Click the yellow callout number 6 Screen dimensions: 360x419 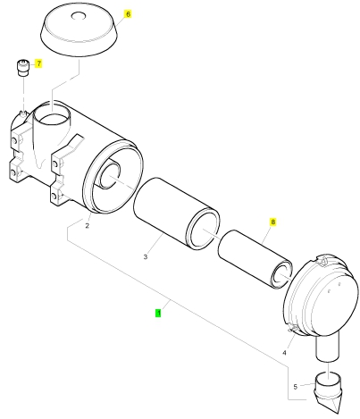[128, 14]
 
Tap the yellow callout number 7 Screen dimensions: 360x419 [38, 63]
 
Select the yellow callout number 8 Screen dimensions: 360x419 [272, 222]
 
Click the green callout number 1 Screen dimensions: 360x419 [158, 314]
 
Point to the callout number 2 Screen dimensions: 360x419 [87, 226]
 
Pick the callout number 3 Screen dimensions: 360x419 [146, 256]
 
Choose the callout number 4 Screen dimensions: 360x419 [284, 353]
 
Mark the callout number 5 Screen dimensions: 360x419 [295, 387]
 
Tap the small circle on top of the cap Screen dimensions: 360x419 [79, 16]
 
